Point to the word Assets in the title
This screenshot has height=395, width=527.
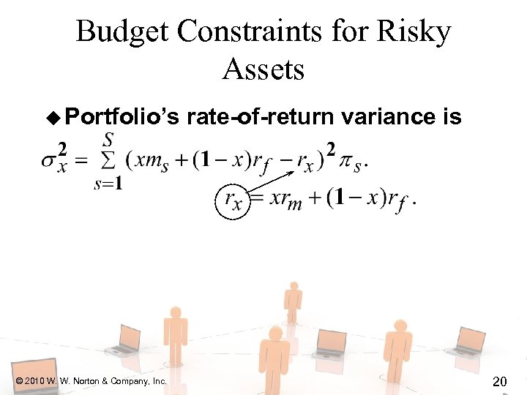click(263, 69)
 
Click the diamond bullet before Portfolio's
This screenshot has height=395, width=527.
click(52, 117)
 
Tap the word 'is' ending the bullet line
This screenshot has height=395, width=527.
click(453, 117)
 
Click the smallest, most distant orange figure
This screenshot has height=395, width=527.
click(293, 296)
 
